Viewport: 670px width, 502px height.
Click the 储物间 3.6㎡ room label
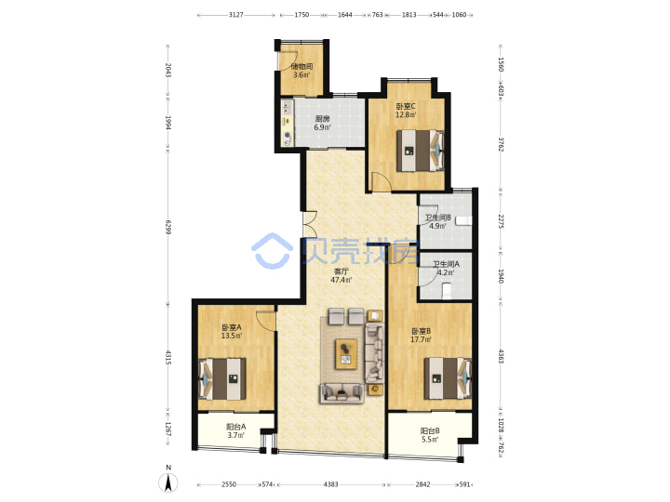301,71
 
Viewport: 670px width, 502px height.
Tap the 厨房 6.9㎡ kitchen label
322,123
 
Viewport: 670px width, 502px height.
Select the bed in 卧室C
420,151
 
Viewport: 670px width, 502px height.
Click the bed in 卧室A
222,379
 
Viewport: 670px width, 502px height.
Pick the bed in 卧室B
448,378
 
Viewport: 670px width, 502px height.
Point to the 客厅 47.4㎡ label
341,276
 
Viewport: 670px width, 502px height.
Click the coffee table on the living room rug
346,353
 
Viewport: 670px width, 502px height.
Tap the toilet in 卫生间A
447,292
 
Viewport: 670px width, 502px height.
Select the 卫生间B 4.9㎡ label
437,221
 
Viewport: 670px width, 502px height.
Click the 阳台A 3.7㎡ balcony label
235,430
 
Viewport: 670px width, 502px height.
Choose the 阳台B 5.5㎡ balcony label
429,435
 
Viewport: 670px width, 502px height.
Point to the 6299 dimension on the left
167,227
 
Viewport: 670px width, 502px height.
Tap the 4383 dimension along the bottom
330,484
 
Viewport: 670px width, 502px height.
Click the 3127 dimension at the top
235,15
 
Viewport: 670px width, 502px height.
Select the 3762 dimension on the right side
502,144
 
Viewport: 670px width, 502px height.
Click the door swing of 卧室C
381,181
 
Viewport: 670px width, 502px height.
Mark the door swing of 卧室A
265,321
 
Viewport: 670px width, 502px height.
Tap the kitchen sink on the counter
288,106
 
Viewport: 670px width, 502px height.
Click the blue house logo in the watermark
272,251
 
